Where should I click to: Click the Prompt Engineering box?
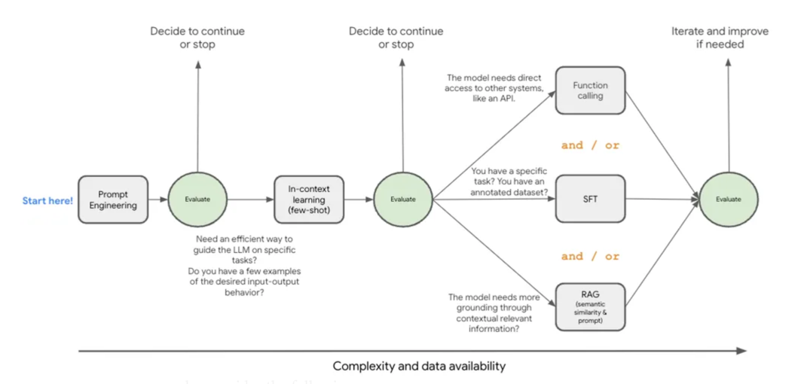pos(113,200)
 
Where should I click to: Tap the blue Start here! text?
pos(47,200)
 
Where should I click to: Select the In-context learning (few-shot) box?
pos(309,200)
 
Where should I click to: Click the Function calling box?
pos(590,90)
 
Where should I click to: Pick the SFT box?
pos(590,199)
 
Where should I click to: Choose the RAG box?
pos(590,306)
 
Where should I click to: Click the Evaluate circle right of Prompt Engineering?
pos(197,200)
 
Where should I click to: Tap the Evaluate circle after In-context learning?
pos(404,200)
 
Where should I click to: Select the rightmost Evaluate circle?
pos(729,200)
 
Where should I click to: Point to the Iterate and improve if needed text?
pos(719,38)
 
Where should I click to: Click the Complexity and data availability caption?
pos(419,367)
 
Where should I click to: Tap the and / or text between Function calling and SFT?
pos(590,145)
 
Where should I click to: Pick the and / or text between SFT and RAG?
pos(590,256)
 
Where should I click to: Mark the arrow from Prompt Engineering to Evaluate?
pos(157,200)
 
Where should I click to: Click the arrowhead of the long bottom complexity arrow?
pos(741,351)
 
